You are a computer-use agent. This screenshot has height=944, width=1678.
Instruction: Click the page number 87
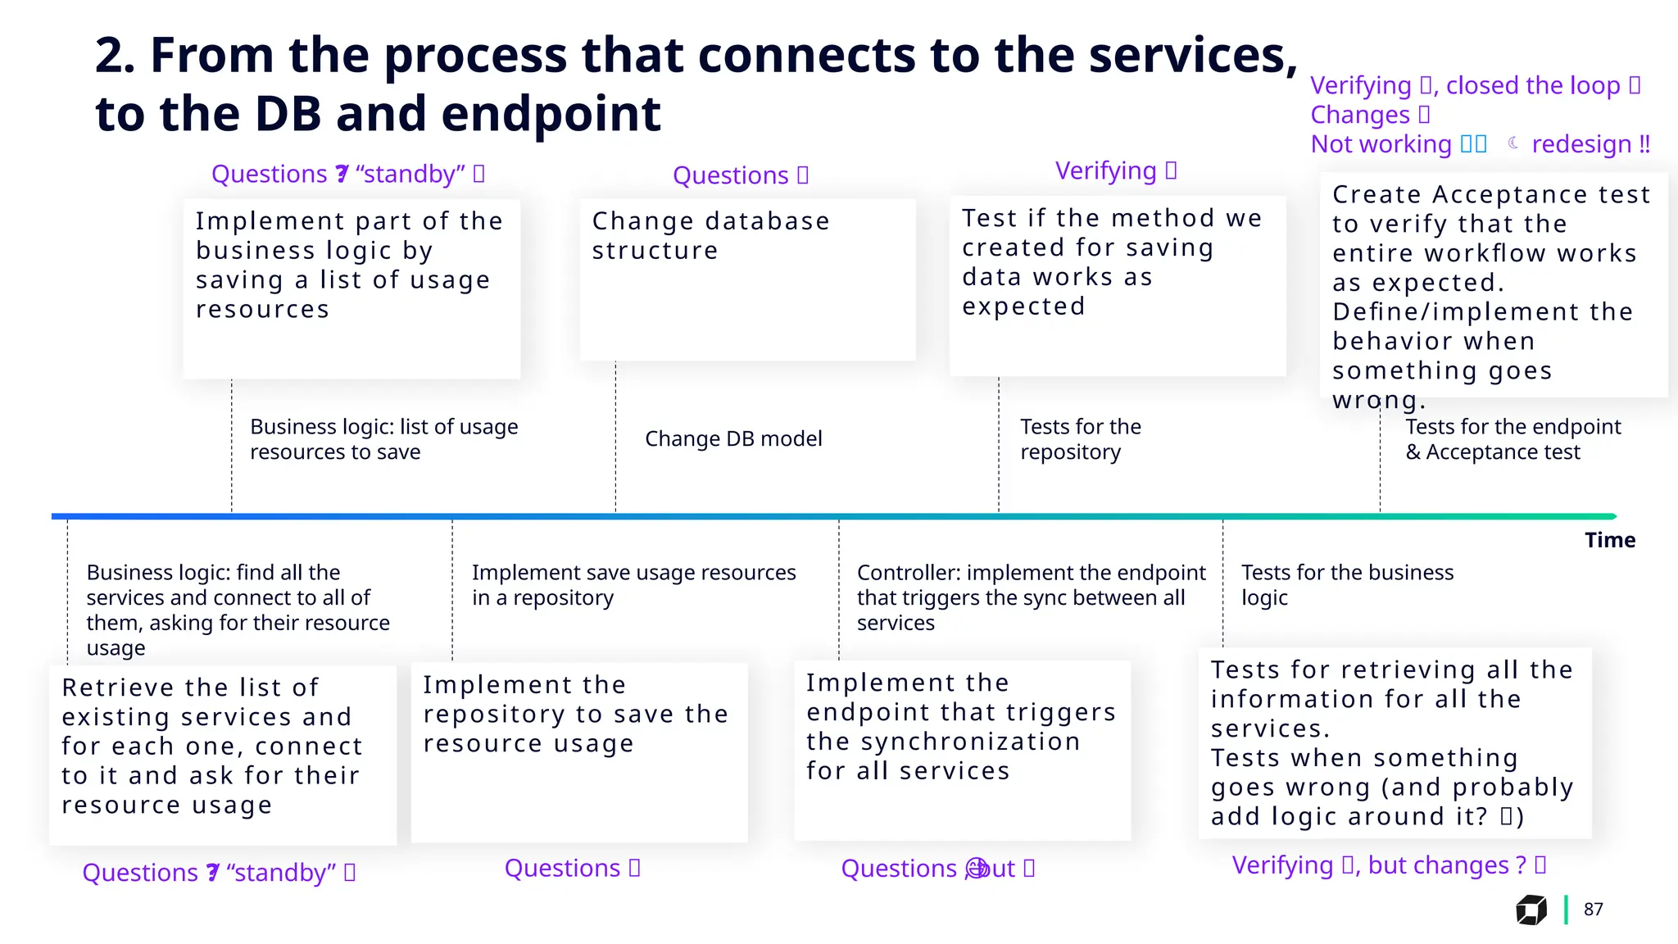click(x=1593, y=910)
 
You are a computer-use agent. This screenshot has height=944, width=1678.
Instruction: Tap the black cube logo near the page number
click(x=1531, y=910)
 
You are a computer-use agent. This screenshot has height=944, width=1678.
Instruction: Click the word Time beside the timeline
click(x=1609, y=540)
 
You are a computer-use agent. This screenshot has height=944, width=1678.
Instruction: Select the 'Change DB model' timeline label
click(x=733, y=439)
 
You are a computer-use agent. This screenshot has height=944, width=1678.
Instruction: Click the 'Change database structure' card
click(x=747, y=279)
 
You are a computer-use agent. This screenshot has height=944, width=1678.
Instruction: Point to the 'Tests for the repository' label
click(x=1080, y=439)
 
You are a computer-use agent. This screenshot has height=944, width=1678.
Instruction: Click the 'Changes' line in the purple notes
click(x=1360, y=115)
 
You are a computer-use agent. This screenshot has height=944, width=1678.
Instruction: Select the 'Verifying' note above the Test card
click(x=1106, y=170)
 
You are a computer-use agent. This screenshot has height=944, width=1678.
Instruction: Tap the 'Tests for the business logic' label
click(x=1347, y=585)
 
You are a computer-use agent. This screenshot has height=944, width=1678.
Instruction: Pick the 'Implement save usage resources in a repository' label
click(x=633, y=585)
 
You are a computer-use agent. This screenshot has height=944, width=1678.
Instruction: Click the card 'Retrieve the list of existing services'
click(x=222, y=754)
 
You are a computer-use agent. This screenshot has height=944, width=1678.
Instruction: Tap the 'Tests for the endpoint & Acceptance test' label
click(x=1512, y=439)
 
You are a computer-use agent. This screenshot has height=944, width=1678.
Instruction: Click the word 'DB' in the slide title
click(x=288, y=113)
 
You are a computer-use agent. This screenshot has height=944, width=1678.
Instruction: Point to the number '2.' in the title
click(x=116, y=56)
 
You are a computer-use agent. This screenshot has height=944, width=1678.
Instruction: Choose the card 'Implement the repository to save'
click(x=578, y=751)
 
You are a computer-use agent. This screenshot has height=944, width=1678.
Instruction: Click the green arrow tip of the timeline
click(x=1612, y=516)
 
